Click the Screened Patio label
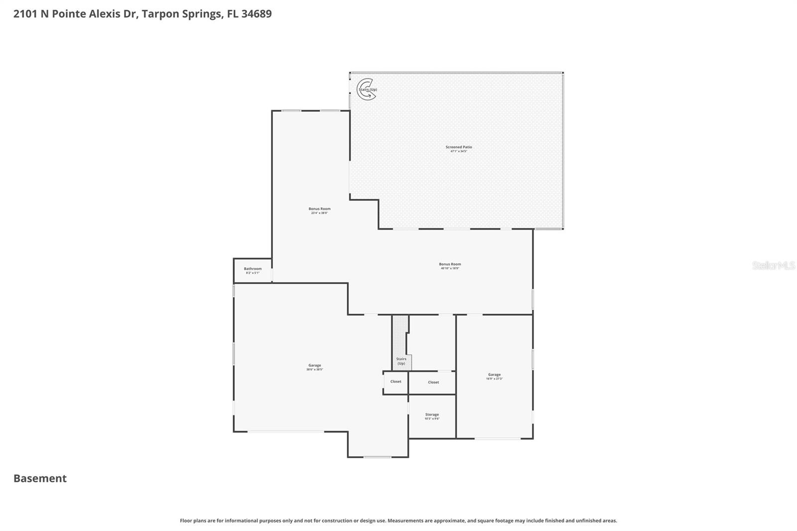458,147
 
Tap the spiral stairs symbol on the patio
366,90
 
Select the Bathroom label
253,268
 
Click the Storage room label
432,414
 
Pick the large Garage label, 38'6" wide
314,365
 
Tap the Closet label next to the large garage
396,382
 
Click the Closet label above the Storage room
433,382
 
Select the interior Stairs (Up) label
401,361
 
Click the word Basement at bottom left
40,478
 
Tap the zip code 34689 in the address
257,14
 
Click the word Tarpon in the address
158,14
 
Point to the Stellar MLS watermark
773,265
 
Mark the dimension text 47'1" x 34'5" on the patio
458,151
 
